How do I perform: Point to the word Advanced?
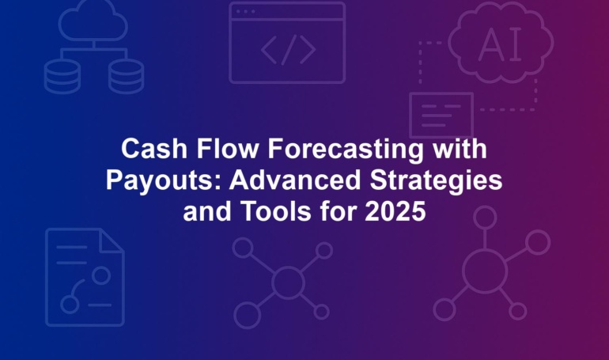[295, 180]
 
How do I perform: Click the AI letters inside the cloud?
[500, 44]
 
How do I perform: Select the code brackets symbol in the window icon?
[288, 50]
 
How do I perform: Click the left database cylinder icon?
[62, 77]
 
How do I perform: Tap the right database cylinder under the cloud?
[126, 77]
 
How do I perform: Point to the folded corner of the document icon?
[112, 241]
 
